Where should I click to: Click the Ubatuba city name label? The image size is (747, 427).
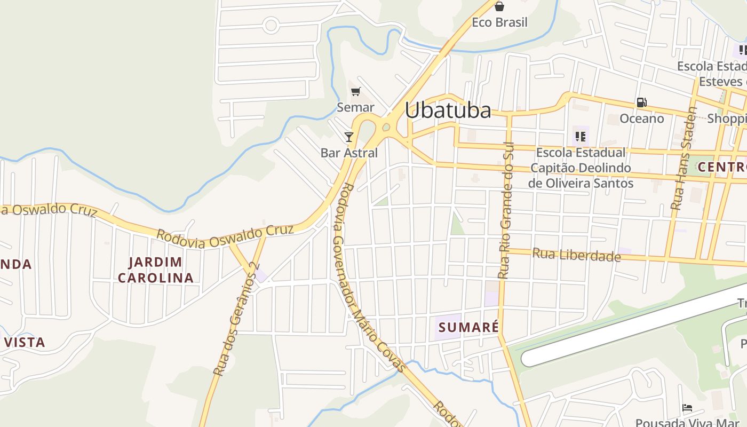[x=448, y=110]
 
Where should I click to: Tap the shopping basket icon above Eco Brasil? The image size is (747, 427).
[x=499, y=6]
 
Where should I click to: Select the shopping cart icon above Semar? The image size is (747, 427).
[x=355, y=91]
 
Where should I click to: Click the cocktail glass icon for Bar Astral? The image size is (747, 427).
[x=349, y=137]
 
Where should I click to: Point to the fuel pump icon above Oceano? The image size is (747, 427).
[x=641, y=102]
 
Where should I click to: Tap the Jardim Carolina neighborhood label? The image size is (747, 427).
[x=155, y=270]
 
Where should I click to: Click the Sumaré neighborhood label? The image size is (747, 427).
[x=468, y=327]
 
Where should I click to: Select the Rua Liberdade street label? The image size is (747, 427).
[x=576, y=255]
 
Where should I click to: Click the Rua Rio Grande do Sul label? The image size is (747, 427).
[x=505, y=210]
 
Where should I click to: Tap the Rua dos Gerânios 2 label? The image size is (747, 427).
[x=236, y=319]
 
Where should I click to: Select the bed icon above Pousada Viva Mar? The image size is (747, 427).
[x=687, y=408]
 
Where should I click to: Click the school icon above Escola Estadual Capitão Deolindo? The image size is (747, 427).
[x=581, y=137]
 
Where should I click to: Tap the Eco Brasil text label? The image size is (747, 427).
[x=499, y=22]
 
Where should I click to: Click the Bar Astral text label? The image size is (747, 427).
[x=349, y=153]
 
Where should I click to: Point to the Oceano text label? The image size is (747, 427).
[x=641, y=118]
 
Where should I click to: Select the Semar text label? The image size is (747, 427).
[x=355, y=107]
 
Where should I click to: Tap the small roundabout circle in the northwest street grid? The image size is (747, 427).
[x=271, y=25]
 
